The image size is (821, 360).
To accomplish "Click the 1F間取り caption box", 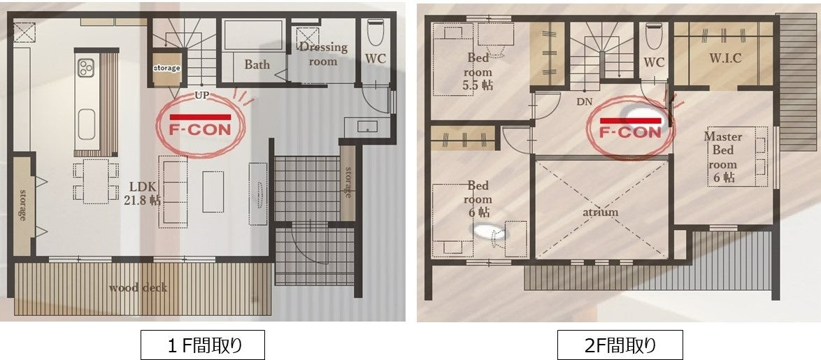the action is pyautogui.click(x=202, y=345).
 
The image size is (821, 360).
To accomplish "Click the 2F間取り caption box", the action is pyautogui.click(x=620, y=345).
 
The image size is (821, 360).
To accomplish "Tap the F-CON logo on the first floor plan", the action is pyautogui.click(x=201, y=124).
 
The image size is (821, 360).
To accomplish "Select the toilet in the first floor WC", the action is pyautogui.click(x=375, y=32).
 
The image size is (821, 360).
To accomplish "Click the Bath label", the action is pyautogui.click(x=257, y=65).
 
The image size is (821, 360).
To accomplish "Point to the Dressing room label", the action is pyautogui.click(x=323, y=54).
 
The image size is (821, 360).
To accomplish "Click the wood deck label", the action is pyautogui.click(x=138, y=287).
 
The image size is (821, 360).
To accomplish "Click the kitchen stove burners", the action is pyautogui.click(x=85, y=68).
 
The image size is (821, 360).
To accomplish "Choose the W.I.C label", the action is pyautogui.click(x=725, y=58).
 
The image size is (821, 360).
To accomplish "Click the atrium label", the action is pyautogui.click(x=600, y=212).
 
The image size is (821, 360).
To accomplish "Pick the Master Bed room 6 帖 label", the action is pyautogui.click(x=722, y=157).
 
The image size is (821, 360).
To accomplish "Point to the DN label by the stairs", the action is pyautogui.click(x=585, y=102).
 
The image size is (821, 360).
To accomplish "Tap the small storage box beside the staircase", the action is pyautogui.click(x=166, y=68).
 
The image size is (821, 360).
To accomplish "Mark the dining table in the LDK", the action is pyautogui.click(x=96, y=181).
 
